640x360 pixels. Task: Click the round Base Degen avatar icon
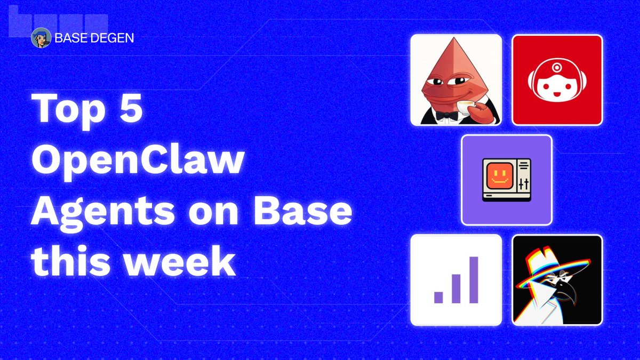(x=41, y=38)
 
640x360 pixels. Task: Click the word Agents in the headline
(x=102, y=212)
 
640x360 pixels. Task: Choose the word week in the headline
(x=180, y=261)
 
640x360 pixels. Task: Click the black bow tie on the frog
(x=446, y=116)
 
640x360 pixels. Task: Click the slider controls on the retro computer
(x=524, y=184)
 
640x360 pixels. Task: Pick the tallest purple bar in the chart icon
(x=474, y=279)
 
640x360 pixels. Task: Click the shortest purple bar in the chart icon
(x=438, y=297)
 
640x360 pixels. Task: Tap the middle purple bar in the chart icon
(x=456, y=289)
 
